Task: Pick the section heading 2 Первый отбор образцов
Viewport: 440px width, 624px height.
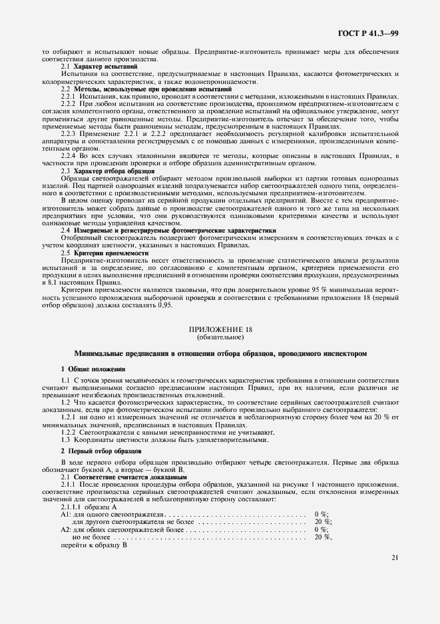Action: click(101, 452)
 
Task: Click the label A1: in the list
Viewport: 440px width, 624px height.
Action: click(66, 515)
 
